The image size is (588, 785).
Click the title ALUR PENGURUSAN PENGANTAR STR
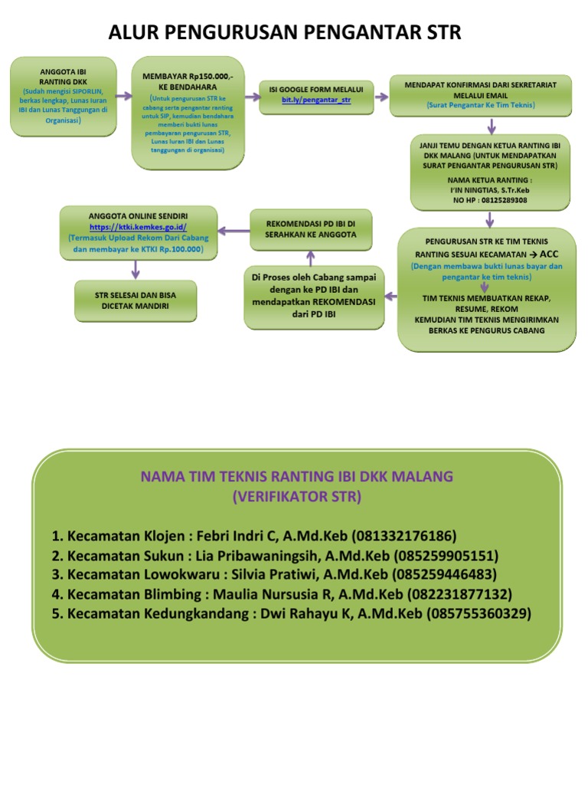pyautogui.click(x=285, y=32)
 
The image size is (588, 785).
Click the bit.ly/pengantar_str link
pyautogui.click(x=315, y=100)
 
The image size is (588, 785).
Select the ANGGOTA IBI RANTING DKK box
pyautogui.click(x=64, y=96)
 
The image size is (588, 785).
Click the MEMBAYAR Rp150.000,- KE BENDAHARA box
pyautogui.click(x=188, y=112)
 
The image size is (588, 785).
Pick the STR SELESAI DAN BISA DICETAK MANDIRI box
pyautogui.click(x=136, y=301)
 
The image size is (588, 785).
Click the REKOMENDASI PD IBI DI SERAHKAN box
pyautogui.click(x=311, y=228)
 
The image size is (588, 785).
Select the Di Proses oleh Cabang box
pyautogui.click(x=314, y=297)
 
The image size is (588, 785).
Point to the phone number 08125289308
pyautogui.click(x=490, y=200)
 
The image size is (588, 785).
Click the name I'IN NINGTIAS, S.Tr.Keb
pyautogui.click(x=490, y=190)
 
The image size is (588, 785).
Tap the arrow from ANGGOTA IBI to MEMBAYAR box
pyautogui.click(x=124, y=97)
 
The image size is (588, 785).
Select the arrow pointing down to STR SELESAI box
pyautogui.click(x=136, y=268)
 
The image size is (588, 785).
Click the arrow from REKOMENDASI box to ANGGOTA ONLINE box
pyautogui.click(x=233, y=229)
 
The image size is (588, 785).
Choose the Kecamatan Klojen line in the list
pyautogui.click(x=254, y=535)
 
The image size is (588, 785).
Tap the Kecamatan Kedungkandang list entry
pyautogui.click(x=291, y=613)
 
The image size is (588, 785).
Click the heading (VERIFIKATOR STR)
pyautogui.click(x=296, y=497)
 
